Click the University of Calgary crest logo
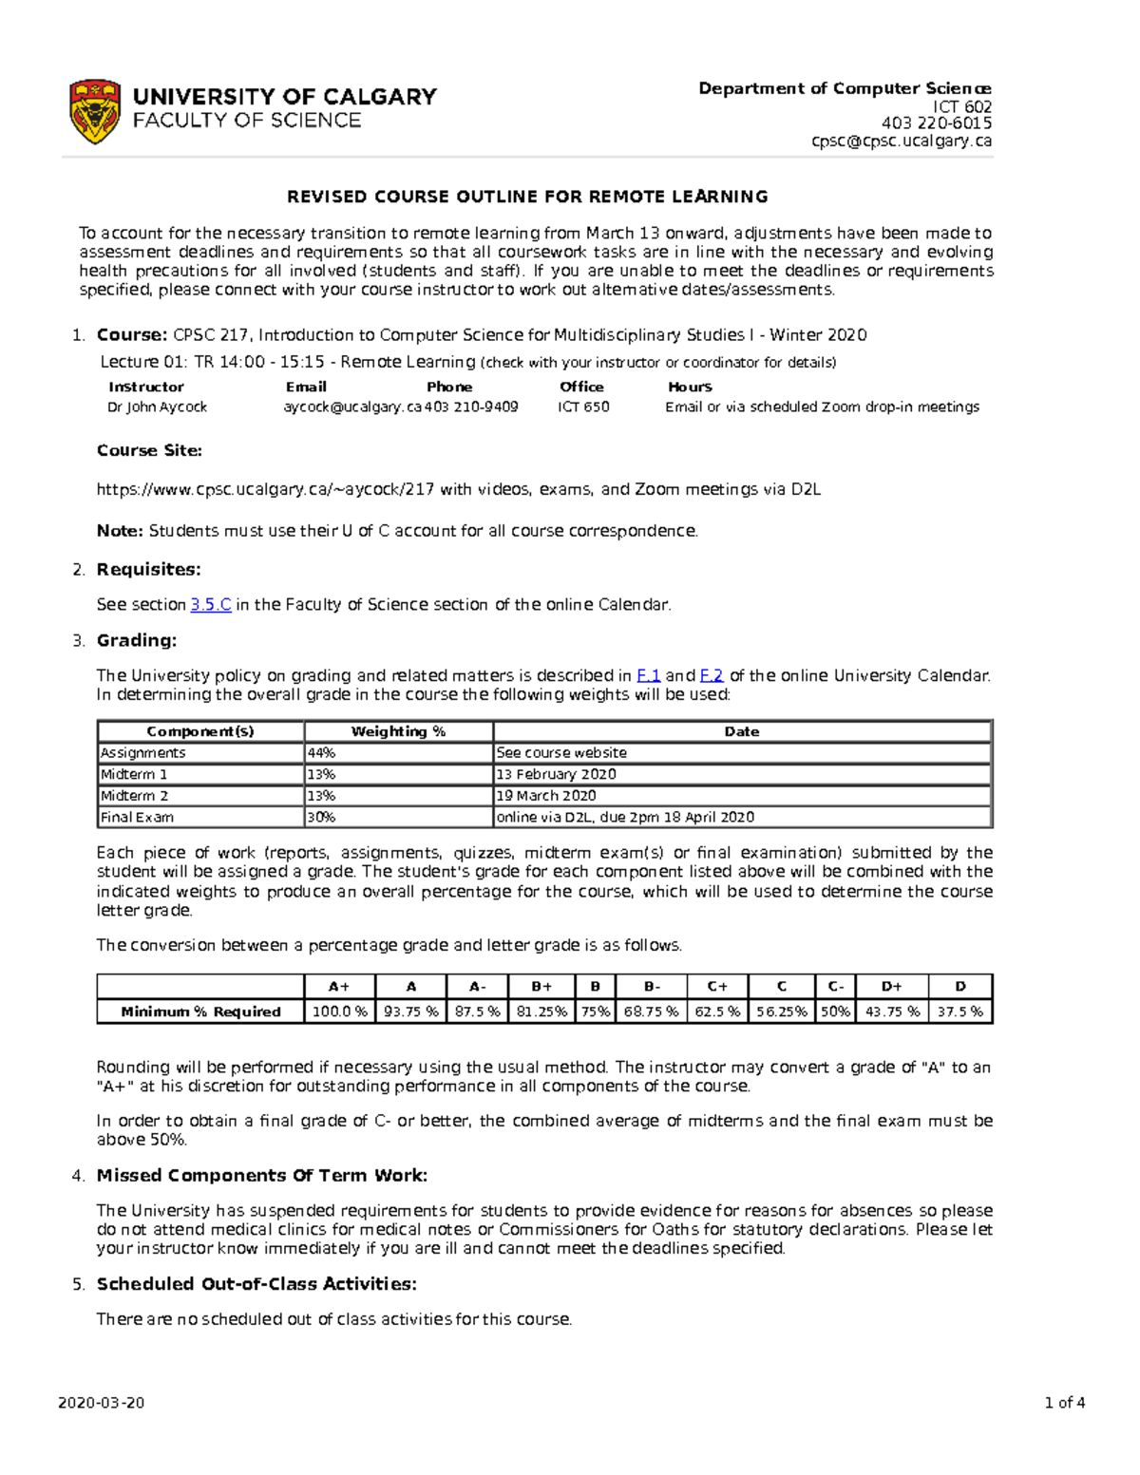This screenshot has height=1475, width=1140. tap(95, 111)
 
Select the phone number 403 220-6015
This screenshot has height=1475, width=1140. tap(936, 123)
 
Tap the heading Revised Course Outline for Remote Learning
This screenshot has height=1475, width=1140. tap(527, 197)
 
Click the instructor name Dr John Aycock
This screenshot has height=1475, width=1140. tap(157, 407)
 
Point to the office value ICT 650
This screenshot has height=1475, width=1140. tap(583, 407)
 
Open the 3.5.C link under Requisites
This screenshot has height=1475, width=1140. tap(211, 604)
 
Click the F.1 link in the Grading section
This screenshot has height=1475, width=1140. tap(648, 675)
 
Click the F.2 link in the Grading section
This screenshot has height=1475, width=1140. tap(712, 675)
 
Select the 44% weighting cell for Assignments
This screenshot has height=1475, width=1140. tap(321, 752)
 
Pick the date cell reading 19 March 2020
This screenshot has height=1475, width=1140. tap(546, 796)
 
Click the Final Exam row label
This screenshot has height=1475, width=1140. tap(138, 817)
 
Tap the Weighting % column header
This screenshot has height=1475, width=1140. tap(398, 731)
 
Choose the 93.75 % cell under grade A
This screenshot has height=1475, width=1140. tap(410, 1012)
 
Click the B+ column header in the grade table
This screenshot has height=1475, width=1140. tap(541, 987)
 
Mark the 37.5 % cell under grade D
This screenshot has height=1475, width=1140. tap(959, 1012)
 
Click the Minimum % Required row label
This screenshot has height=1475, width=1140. tap(200, 1012)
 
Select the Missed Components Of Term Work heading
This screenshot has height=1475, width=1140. tap(262, 1175)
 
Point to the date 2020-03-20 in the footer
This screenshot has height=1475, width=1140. tap(102, 1403)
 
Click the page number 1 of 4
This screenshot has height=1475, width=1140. tap(1064, 1403)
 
